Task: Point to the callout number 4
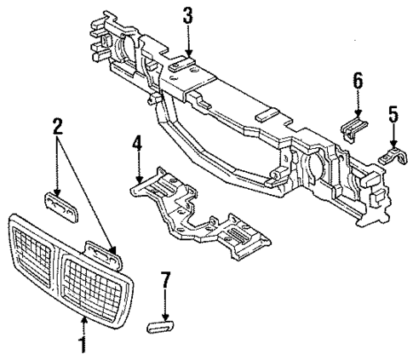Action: [137, 144]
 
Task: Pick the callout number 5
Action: [393, 113]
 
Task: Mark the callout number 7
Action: [165, 279]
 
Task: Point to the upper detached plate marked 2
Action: [61, 204]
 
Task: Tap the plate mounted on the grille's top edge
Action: [103, 252]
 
